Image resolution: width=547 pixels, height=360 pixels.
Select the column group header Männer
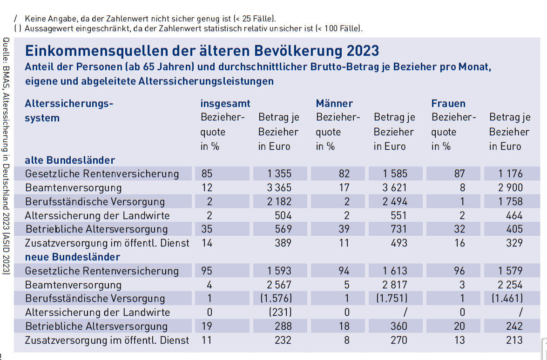coord(334,103)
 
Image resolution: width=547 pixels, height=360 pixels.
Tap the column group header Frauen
coord(448,103)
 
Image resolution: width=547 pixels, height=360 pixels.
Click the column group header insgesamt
coord(225,103)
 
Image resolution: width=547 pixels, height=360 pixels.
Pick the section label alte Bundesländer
coord(70,160)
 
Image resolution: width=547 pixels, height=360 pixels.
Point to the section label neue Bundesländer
coord(73,257)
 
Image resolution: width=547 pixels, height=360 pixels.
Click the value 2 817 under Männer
coord(394,285)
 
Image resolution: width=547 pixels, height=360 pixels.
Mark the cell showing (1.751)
coord(392,298)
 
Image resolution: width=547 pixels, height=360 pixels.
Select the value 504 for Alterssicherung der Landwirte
coord(283,215)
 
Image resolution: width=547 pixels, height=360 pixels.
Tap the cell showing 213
coord(514,340)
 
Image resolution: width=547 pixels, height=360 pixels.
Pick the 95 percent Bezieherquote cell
coord(207,271)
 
